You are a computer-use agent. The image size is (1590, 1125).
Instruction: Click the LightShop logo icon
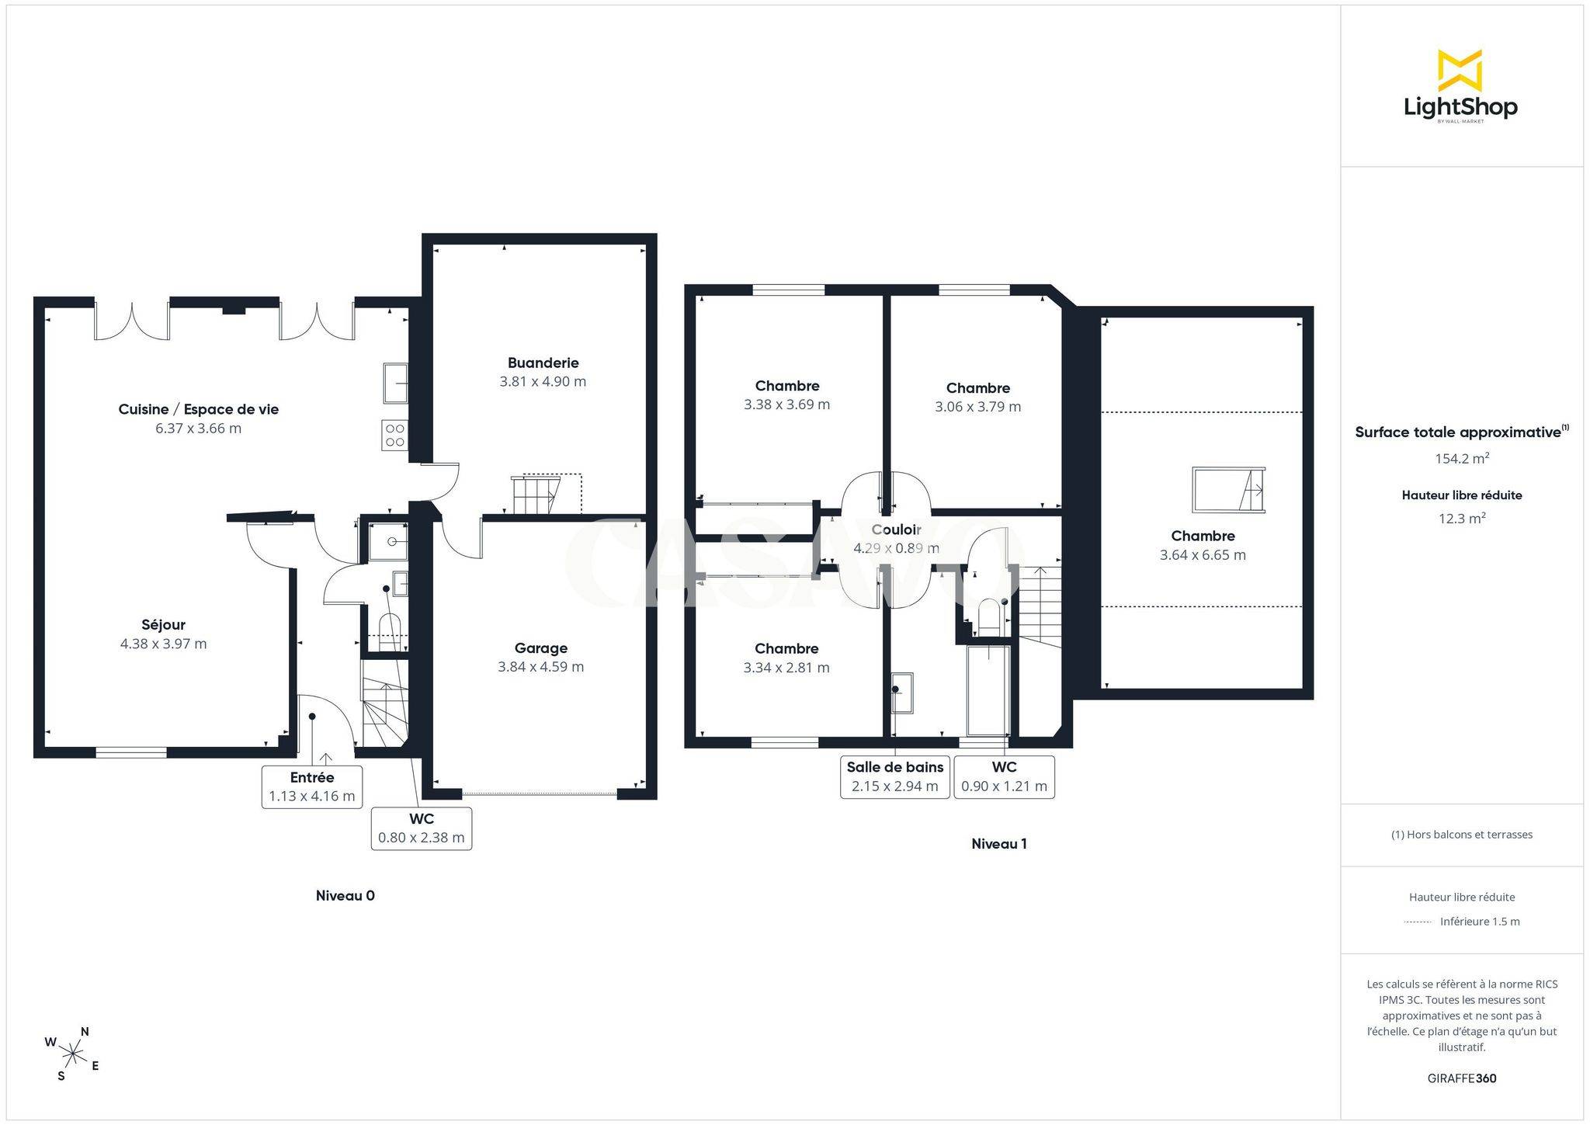pos(1460,70)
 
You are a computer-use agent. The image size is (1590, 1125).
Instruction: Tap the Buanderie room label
pos(543,363)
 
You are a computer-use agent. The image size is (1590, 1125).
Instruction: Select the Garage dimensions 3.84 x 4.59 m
pos(541,666)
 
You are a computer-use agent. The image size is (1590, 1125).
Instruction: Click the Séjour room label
pos(163,624)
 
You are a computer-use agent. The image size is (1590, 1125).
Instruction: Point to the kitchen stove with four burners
pos(394,435)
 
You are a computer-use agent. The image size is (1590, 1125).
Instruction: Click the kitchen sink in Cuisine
pos(395,384)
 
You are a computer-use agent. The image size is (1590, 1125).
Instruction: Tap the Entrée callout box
pos(312,786)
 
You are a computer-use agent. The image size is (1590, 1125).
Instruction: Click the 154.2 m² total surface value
pos(1462,458)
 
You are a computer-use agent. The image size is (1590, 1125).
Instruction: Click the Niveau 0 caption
pos(345,895)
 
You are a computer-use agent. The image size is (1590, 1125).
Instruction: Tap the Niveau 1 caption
pos(999,844)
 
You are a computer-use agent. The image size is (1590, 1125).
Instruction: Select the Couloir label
pos(896,530)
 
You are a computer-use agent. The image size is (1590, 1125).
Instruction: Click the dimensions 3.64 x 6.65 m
pos(1203,555)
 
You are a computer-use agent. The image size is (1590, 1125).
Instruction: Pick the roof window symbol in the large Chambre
pos(1228,489)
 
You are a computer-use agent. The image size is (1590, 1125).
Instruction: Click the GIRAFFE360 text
pos(1462,1078)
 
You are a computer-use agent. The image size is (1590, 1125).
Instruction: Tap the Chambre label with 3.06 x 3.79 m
pos(978,388)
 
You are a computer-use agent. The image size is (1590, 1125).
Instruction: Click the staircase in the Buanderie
pos(546,494)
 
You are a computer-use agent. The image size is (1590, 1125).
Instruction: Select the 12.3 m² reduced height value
pos(1462,518)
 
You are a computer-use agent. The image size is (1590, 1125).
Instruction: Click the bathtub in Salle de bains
pos(988,690)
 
